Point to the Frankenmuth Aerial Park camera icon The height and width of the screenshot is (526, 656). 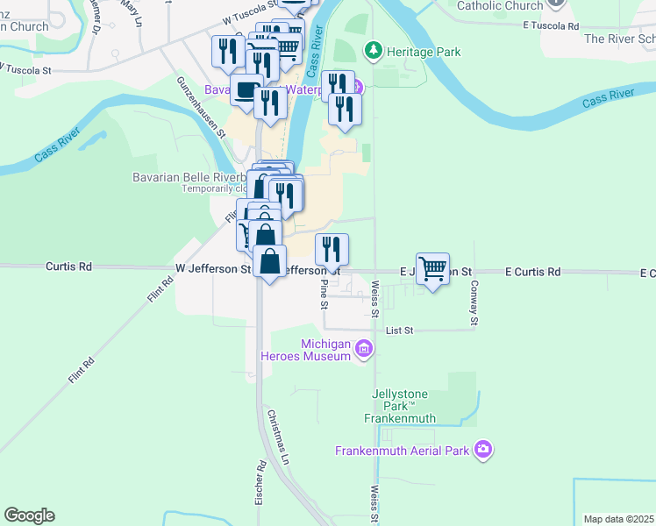(x=482, y=450)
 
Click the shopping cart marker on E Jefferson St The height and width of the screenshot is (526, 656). (x=433, y=267)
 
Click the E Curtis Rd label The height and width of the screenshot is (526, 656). (x=532, y=272)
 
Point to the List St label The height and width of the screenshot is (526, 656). (x=398, y=331)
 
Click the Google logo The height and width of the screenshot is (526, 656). (x=29, y=515)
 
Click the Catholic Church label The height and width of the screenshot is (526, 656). (x=500, y=5)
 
